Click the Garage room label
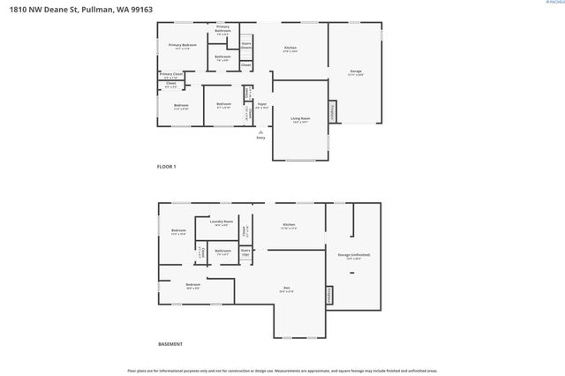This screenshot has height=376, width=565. tap(356, 72)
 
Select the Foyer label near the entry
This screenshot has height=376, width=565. tap(262, 104)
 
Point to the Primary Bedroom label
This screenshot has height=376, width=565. tap(182, 45)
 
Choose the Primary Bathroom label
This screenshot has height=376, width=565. tap(222, 28)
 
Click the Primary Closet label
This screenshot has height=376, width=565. tap(171, 74)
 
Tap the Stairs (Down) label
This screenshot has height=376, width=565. tap(246, 44)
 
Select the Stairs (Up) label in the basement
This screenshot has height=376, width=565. tap(246, 252)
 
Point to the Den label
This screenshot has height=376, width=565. tap(287, 287)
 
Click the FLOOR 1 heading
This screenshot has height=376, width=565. tap(167, 167)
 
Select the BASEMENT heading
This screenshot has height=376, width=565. tap(169, 343)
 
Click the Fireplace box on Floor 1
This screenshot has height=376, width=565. tap(332, 111)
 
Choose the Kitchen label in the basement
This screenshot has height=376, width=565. tap(289, 226)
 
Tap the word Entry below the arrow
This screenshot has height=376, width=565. tap(260, 138)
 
